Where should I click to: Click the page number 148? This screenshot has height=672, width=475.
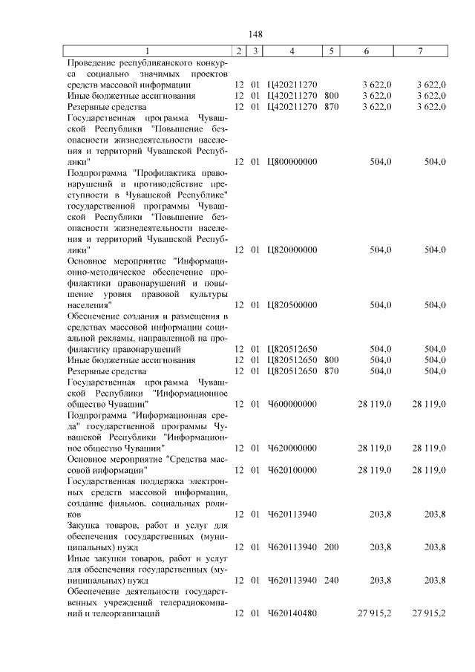coord(256,34)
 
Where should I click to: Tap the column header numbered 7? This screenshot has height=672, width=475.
coord(421,51)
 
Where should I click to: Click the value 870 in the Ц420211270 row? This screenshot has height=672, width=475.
coord(331,107)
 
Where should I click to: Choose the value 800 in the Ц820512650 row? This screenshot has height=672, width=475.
coord(331,360)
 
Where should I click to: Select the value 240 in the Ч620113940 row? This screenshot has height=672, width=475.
coord(331,580)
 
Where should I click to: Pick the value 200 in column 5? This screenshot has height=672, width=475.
coord(331,547)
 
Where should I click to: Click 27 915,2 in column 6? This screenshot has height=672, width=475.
coord(374,613)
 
